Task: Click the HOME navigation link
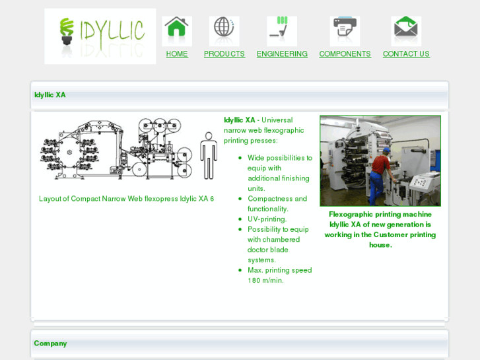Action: pos(177,54)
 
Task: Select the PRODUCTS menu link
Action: pos(224,54)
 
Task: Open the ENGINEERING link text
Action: pos(282,54)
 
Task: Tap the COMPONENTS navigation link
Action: pos(345,54)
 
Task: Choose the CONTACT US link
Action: pos(406,54)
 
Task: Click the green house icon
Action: pos(177,30)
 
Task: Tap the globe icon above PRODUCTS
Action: pos(224,30)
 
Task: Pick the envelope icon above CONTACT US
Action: pos(406,30)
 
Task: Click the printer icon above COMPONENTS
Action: pos(345,30)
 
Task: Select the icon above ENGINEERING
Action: pos(282,30)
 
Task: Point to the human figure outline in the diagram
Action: pos(209,155)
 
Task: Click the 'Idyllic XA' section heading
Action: pos(50,95)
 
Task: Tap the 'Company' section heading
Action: pos(51,343)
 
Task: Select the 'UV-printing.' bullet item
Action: pos(267,219)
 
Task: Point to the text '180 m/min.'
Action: pos(265,281)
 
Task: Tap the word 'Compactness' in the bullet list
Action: pos(267,199)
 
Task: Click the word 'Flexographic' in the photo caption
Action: pos(353,215)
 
